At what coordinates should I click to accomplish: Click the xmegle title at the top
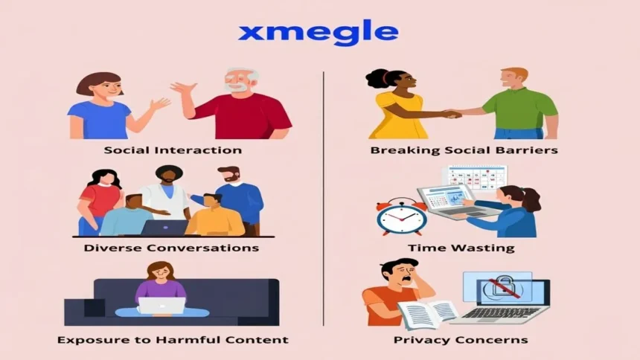[318, 33]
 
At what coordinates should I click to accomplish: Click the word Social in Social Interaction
[127, 150]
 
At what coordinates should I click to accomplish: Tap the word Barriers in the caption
[530, 150]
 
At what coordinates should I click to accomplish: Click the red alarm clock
[401, 216]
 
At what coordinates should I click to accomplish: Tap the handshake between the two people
[452, 114]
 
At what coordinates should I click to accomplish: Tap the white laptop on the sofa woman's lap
[161, 305]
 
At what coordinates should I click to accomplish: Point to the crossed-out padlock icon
[496, 289]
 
